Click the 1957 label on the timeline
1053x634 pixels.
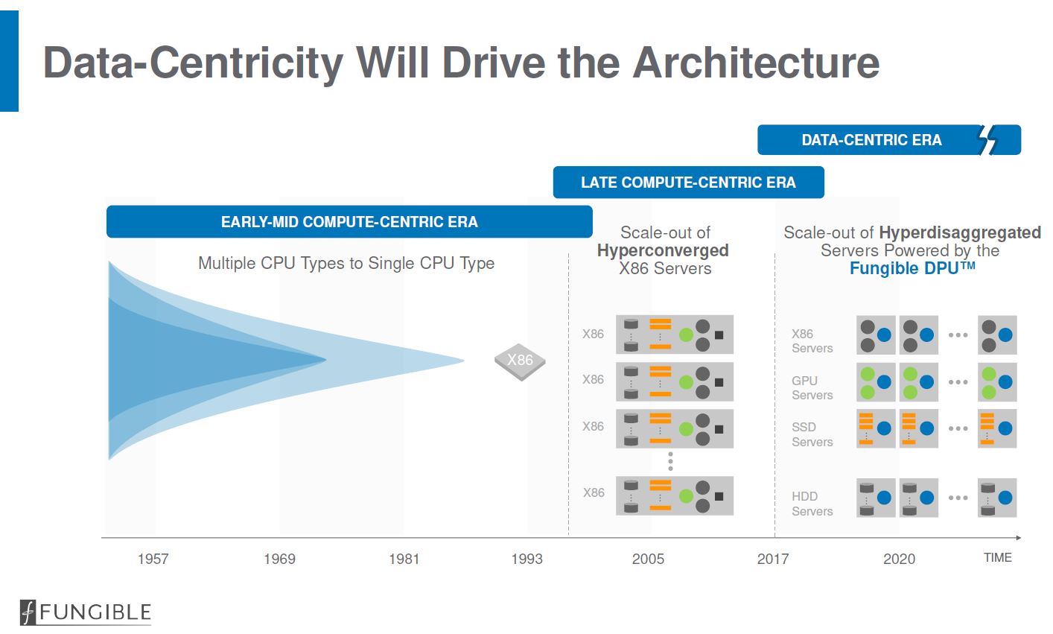(153, 559)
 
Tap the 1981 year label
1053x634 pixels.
(404, 559)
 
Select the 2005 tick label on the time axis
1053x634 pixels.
(648, 559)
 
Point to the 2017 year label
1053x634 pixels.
(773, 559)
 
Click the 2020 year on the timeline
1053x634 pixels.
(899, 559)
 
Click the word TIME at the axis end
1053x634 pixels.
(997, 557)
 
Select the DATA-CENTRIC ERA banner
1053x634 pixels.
(871, 140)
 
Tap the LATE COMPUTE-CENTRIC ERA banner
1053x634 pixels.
(688, 183)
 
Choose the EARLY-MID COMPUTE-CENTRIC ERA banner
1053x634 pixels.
(349, 222)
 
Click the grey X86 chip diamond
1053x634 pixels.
(520, 361)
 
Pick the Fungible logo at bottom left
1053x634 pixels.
(86, 612)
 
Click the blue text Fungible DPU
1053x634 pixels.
(912, 268)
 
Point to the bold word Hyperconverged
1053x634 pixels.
(663, 250)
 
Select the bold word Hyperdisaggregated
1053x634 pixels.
(959, 232)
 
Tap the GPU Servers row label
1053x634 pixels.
(812, 387)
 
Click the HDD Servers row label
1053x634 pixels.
(812, 504)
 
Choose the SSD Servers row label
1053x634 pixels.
(812, 434)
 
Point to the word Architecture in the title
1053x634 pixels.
(756, 63)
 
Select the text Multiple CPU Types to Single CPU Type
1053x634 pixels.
(346, 263)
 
